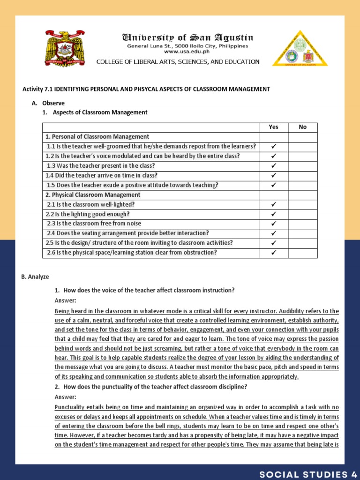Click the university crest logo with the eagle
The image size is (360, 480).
pyautogui.click(x=65, y=48)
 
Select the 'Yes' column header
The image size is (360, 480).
pyautogui.click(x=273, y=127)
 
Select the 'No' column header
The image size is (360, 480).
pyautogui.click(x=302, y=127)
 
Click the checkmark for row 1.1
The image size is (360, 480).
pyautogui.click(x=273, y=146)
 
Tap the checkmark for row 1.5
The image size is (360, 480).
pyautogui.click(x=273, y=185)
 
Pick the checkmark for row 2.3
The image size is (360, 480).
pyautogui.click(x=273, y=224)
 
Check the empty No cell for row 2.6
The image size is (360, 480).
pyautogui.click(x=302, y=253)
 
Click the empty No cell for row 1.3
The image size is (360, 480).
pyautogui.click(x=302, y=166)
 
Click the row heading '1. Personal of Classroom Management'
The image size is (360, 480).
pyautogui.click(x=97, y=136)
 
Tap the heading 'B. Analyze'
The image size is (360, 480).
pyautogui.click(x=35, y=277)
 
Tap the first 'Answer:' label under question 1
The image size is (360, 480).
pyautogui.click(x=65, y=300)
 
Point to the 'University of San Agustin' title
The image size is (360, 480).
pyautogui.click(x=187, y=37)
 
